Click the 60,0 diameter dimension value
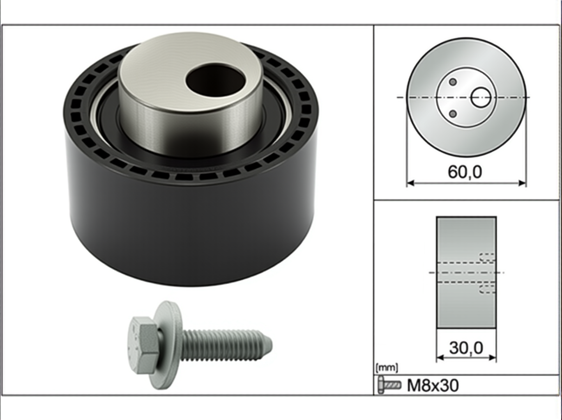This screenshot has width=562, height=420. click(465, 171)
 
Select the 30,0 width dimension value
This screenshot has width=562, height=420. click(466, 348)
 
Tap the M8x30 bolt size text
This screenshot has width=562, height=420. click(433, 385)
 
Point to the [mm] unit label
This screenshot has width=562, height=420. click(387, 368)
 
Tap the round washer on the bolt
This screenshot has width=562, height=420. click(169, 345)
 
